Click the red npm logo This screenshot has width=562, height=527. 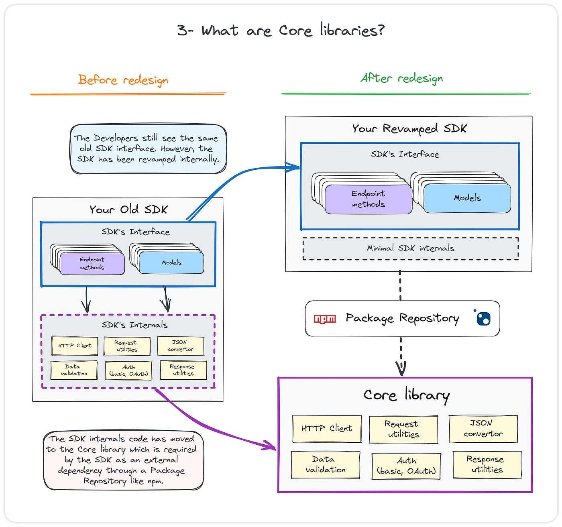coord(325,319)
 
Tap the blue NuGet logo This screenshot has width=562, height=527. coord(483,318)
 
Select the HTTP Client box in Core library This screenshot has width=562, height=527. coord(327,429)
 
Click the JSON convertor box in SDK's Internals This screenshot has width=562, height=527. coord(181,346)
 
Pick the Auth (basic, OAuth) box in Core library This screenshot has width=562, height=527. coord(406,466)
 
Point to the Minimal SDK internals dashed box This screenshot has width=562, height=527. coord(410,248)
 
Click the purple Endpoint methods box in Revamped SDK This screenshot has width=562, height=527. coord(369,199)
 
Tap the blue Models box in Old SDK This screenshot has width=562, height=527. coord(171,262)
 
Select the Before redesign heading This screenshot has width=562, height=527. coord(123,80)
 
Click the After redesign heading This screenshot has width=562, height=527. coord(401,78)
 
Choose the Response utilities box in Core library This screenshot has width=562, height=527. coord(487,464)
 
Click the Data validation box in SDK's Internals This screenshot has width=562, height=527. coord(74,370)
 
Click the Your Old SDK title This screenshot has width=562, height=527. coord(128,210)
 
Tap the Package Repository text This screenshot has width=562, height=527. coord(402,318)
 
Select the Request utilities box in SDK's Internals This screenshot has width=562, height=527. coord(127,346)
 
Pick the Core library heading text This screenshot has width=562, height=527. coord(406,395)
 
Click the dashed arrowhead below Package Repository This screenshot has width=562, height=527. coord(401,368)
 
